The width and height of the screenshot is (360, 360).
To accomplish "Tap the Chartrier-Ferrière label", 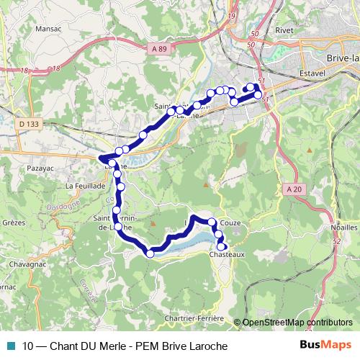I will click(x=194, y=318).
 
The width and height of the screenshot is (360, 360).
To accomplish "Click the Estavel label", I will click(x=313, y=73).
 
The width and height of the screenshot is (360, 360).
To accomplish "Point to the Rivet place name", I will click(x=284, y=31).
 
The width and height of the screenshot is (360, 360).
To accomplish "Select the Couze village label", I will click(x=231, y=223).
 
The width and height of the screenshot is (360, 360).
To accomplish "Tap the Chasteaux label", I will click(x=228, y=254).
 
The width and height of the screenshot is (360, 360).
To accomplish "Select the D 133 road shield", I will click(x=29, y=124).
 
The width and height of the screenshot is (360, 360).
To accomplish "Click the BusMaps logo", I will click(x=325, y=345).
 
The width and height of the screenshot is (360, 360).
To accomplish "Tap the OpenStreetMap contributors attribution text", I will click(x=297, y=323).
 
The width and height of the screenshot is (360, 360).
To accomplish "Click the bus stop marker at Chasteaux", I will click(x=222, y=247).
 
